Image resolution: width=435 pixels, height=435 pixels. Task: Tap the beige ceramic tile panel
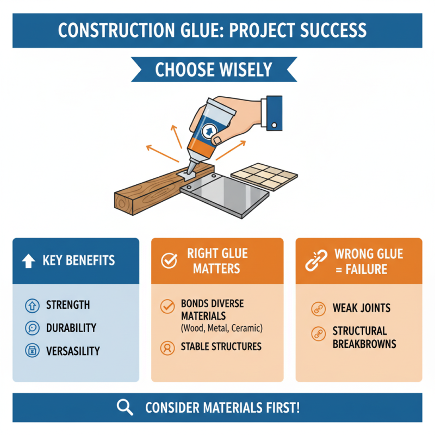coord(265,177)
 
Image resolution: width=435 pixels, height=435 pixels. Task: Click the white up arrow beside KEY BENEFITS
coord(28,260)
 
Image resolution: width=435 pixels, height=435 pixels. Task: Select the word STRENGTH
coord(68,305)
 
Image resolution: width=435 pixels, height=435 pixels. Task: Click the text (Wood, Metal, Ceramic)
coord(221,328)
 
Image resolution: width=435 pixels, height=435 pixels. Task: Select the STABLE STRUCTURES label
coord(221,346)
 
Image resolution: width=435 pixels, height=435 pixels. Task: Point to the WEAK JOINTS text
coord(361,308)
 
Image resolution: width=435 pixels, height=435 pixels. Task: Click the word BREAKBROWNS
coord(364,344)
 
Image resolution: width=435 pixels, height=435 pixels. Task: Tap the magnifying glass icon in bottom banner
coord(126,407)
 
